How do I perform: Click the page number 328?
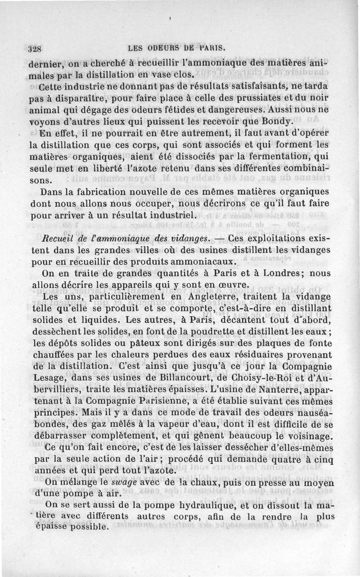pos(34,49)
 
